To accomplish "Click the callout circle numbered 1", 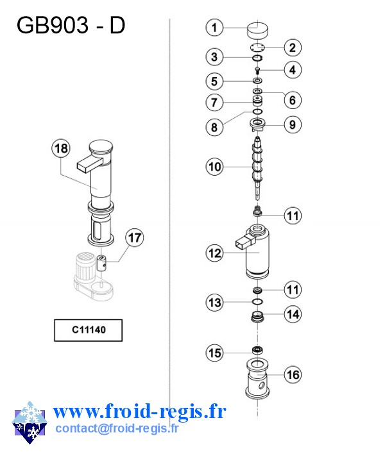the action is [x=214, y=28].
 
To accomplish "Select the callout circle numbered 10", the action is [x=215, y=167].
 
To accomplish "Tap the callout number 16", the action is [x=293, y=374].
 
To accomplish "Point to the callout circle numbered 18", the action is [x=61, y=149].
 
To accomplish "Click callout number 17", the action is [x=134, y=238].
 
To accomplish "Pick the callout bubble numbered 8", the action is [x=214, y=127].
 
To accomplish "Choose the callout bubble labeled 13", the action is [x=215, y=303].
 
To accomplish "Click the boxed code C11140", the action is [x=89, y=330].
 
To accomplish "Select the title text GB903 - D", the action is [x=71, y=25].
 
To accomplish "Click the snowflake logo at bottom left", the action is [x=30, y=423].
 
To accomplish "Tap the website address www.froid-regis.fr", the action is [x=139, y=411].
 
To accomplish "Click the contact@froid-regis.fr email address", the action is [x=117, y=428].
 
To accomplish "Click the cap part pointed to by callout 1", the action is [x=257, y=30].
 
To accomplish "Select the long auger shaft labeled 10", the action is [x=257, y=168].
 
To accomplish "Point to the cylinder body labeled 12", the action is [x=253, y=251].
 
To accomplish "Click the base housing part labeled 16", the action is [x=257, y=378].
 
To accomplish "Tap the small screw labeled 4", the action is [x=257, y=71].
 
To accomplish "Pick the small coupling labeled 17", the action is [x=101, y=263].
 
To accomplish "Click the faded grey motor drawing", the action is [x=93, y=276].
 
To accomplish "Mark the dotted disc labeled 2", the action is [x=257, y=47].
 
